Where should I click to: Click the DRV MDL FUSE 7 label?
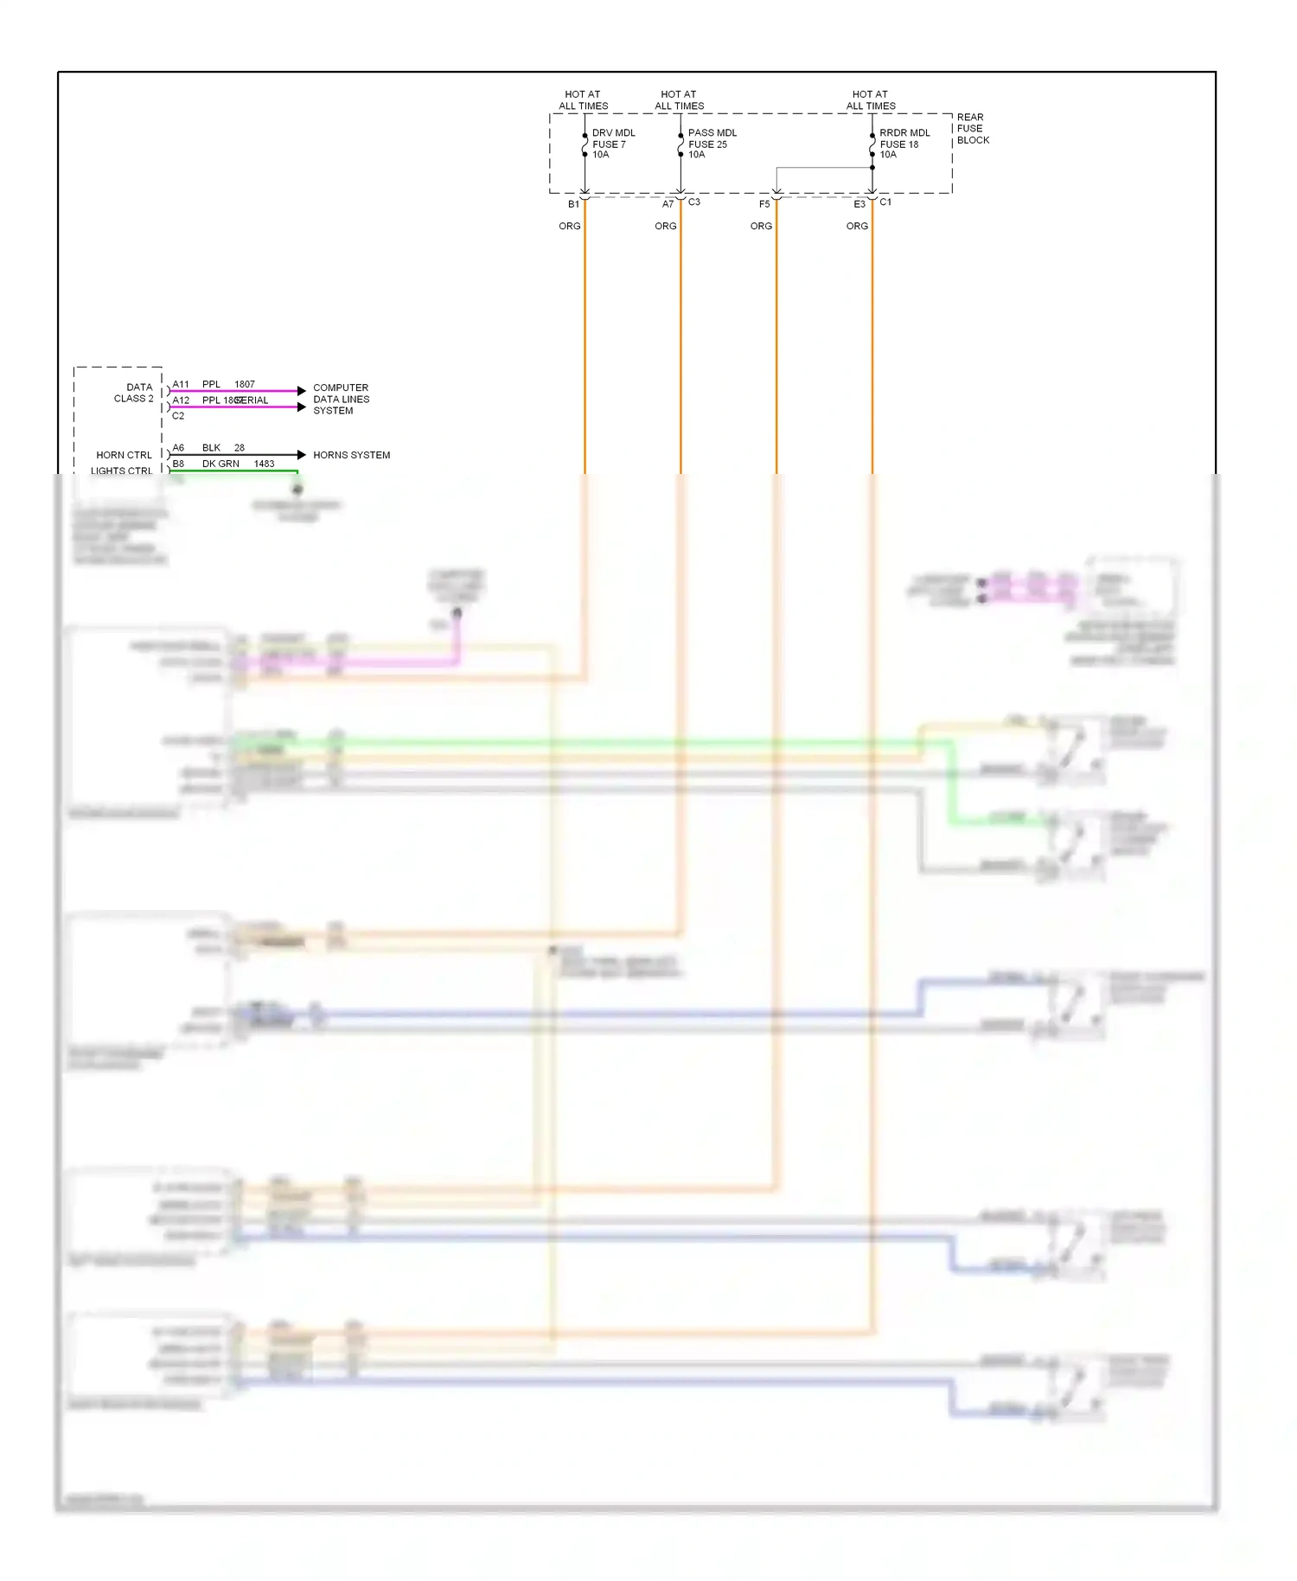point(612,144)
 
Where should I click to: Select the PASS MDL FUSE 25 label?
point(711,144)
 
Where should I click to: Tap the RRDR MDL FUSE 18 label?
point(904,144)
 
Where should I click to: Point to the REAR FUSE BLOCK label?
point(972,128)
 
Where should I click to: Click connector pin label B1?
point(573,204)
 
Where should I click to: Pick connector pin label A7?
point(668,204)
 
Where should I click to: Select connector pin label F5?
point(764,204)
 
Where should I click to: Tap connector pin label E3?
point(859,204)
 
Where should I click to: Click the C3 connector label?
point(694,202)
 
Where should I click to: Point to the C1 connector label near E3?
point(885,202)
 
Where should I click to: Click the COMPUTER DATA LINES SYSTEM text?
point(341,399)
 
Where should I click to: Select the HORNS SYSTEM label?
point(351,455)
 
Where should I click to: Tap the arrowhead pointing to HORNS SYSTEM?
point(301,455)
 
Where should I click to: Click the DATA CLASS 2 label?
point(134,393)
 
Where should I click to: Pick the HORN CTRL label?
point(124,455)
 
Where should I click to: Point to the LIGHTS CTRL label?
point(121,470)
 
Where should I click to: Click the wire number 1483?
point(264,464)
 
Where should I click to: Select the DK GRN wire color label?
point(220,464)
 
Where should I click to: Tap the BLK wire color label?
point(211,448)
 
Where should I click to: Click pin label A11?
point(181,384)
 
